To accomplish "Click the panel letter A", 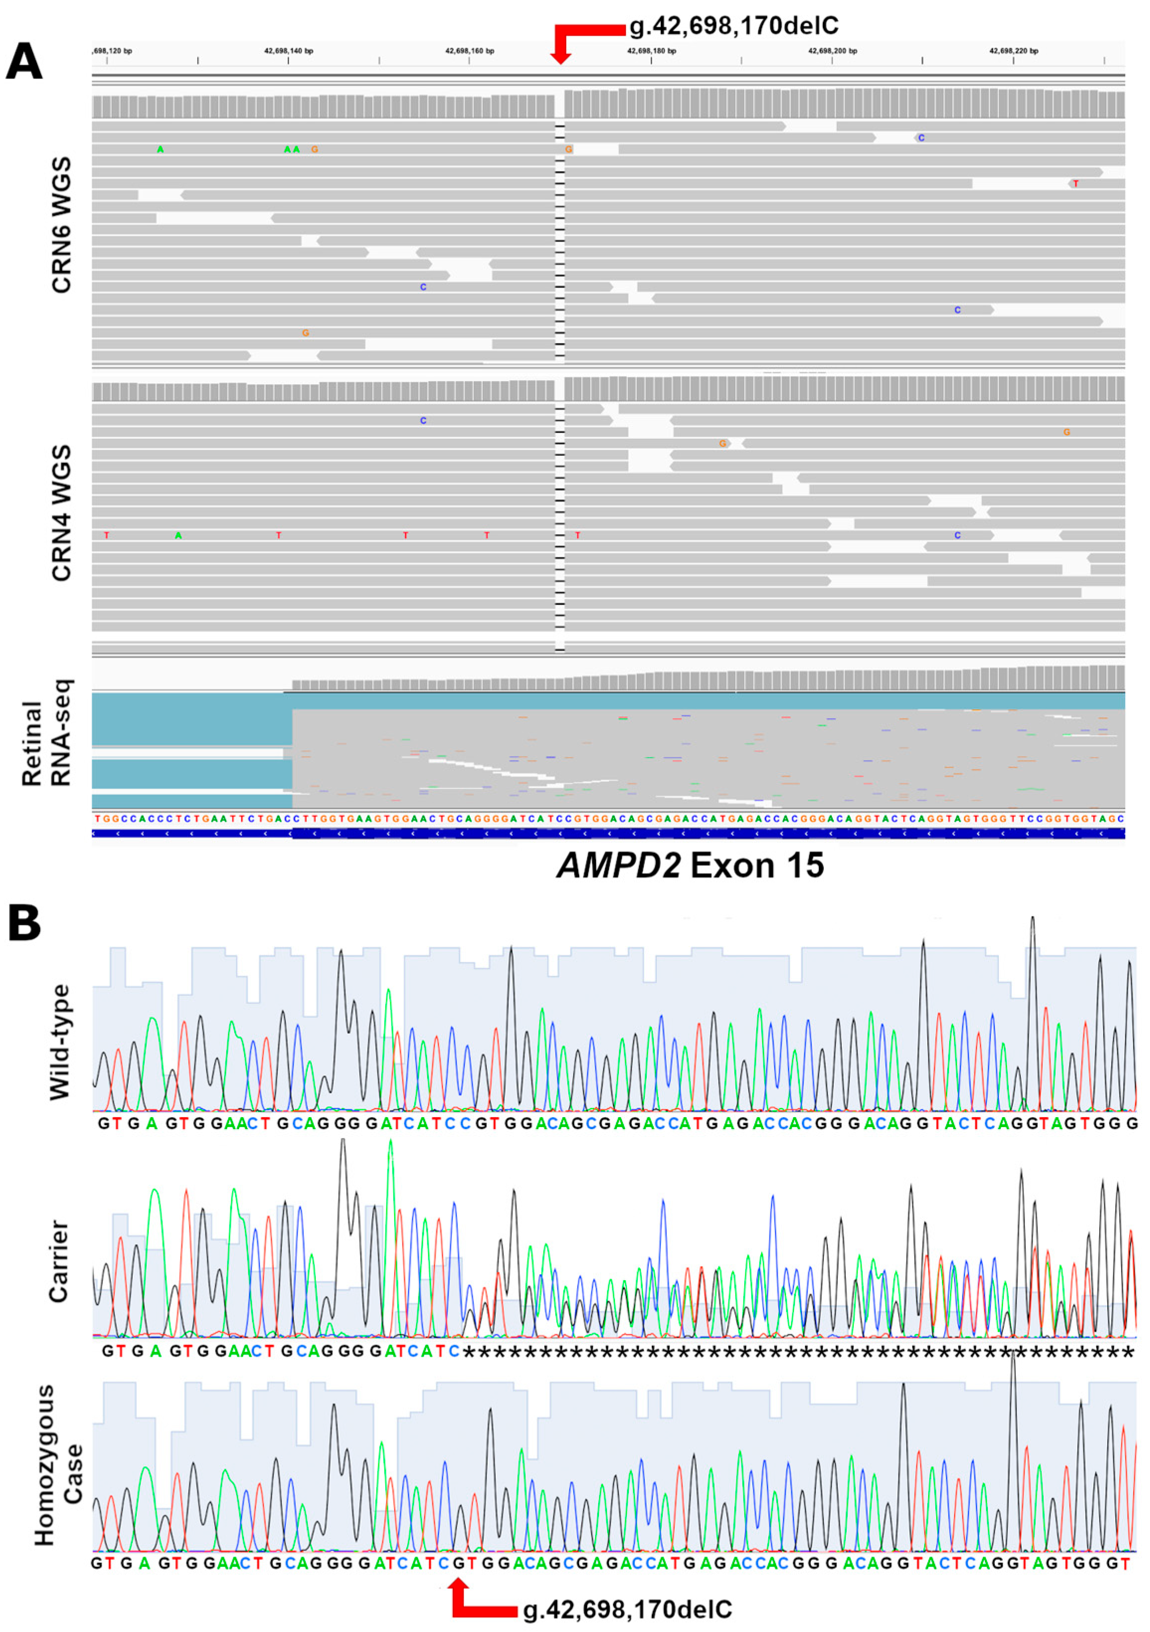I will pos(23,62).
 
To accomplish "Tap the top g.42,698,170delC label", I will pos(733,26).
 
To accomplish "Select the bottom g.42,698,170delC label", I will pos(627,1609).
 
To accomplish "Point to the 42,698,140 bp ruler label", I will pos(289,51).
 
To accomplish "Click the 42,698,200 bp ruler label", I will pos(833,51).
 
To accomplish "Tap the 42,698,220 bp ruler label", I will pos(1013,51).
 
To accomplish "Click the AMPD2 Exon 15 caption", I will pos(690,866).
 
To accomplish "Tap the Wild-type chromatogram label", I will pos(61,1042).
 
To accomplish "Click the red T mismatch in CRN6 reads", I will pos(1075,184).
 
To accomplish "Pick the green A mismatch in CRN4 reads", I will pos(178,535).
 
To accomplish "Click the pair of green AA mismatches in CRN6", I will pos(291,149).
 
